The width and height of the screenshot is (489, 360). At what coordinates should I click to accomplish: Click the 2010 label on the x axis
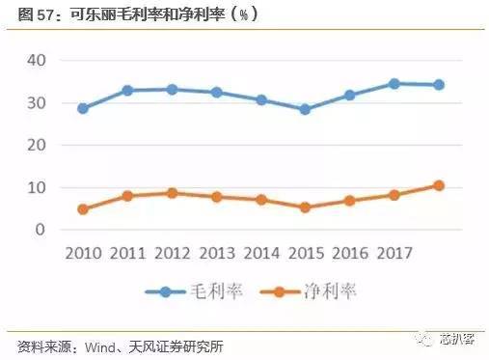pyautogui.click(x=83, y=254)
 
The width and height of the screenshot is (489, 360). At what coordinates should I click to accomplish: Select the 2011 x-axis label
pyautogui.click(x=129, y=254)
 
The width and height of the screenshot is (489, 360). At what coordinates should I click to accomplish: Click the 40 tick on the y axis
pyautogui.click(x=38, y=60)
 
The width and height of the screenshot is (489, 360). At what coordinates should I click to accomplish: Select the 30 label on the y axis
pyautogui.click(x=38, y=102)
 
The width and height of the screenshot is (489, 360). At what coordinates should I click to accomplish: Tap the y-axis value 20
pyautogui.click(x=38, y=145)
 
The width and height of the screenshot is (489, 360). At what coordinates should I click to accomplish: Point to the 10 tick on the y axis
pyautogui.click(x=38, y=187)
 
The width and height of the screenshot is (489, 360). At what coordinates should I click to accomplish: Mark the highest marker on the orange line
pyautogui.click(x=439, y=185)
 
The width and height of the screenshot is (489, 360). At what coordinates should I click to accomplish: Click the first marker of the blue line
pyautogui.click(x=83, y=108)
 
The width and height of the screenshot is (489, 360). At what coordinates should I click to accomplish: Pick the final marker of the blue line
pyautogui.click(x=439, y=85)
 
